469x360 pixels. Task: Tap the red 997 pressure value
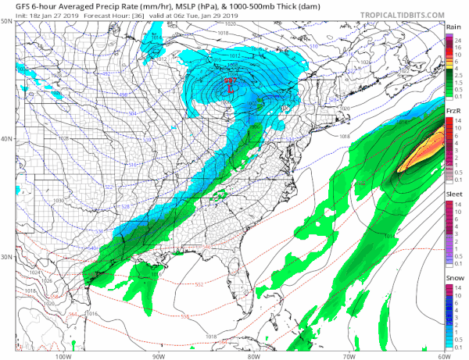[x=231, y=80]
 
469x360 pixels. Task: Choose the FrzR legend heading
[x=453, y=112]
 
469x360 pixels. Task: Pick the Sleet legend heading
[x=453, y=191]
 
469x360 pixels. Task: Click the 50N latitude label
[x=7, y=21]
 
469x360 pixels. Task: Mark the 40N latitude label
[x=7, y=139]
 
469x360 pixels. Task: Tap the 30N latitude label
[x=7, y=257]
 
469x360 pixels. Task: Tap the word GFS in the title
[x=12, y=5]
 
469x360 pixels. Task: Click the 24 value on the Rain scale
[x=460, y=41]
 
